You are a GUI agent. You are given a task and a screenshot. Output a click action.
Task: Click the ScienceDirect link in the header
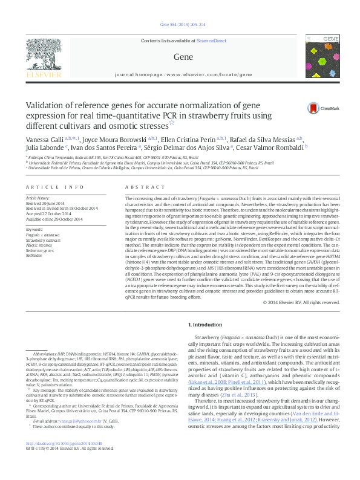[x=212, y=41]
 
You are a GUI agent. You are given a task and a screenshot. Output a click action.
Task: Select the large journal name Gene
[x=183, y=57]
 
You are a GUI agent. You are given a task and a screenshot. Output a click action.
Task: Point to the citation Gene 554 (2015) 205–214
[x=183, y=25]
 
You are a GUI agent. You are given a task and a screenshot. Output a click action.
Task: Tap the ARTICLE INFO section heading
[x=46, y=188]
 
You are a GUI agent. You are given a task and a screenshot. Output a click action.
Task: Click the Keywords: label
[x=34, y=230]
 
